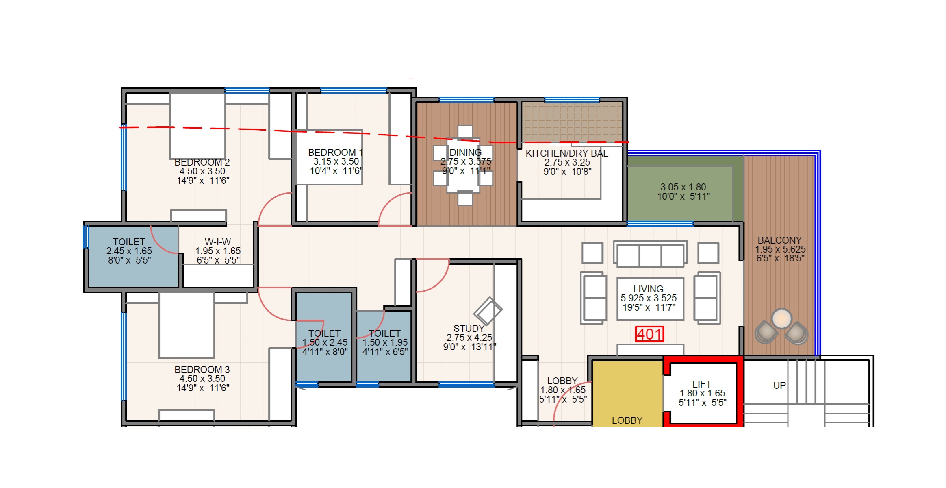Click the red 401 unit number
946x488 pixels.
tap(649, 334)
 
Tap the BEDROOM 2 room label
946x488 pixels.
tap(202, 162)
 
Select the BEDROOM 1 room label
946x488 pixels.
tap(335, 152)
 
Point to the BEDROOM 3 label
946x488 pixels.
tap(202, 370)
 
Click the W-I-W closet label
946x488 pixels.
tap(218, 242)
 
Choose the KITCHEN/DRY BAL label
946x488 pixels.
tap(567, 153)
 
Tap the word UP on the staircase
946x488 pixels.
tap(779, 386)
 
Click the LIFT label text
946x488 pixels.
tap(702, 384)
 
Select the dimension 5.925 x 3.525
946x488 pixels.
tap(649, 298)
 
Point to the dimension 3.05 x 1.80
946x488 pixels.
tap(683, 187)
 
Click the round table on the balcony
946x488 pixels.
tap(781, 318)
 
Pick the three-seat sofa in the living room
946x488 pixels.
tap(650, 254)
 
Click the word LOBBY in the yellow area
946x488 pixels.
tap(627, 420)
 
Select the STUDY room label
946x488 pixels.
tap(469, 329)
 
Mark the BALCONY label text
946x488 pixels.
tap(779, 240)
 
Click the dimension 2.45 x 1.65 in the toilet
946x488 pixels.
tap(129, 251)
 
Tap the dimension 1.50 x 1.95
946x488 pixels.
tap(385, 342)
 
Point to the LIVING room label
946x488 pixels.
tap(648, 289)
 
